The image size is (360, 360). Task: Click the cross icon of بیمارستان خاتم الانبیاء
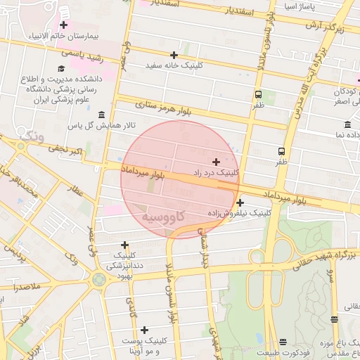pos(63,25)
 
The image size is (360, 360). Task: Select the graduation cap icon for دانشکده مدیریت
pos(61,69)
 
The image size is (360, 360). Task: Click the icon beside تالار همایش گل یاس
pos(102,115)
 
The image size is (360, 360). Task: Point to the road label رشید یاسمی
pos(82,53)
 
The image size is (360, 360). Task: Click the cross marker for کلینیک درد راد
pos(216,162)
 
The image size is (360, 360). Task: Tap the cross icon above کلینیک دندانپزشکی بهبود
pos(124,245)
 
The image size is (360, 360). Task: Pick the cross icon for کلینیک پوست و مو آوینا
pos(144,330)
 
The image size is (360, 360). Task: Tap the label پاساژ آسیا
pos(299,7)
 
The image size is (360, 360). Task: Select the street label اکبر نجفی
pos(66,148)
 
